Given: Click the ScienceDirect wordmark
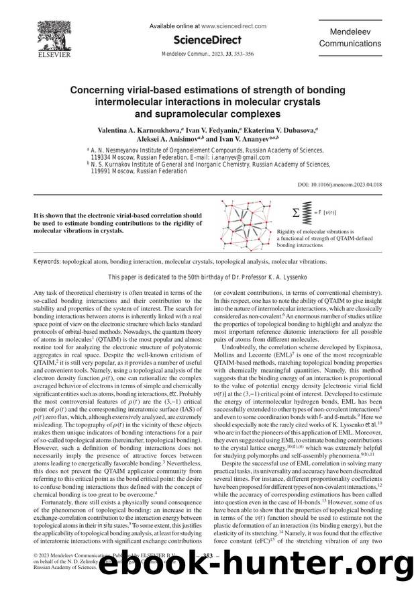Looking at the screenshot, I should click(x=208, y=40).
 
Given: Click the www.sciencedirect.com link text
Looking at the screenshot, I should click(x=234, y=26).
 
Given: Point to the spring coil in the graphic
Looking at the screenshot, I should click(x=309, y=212).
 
